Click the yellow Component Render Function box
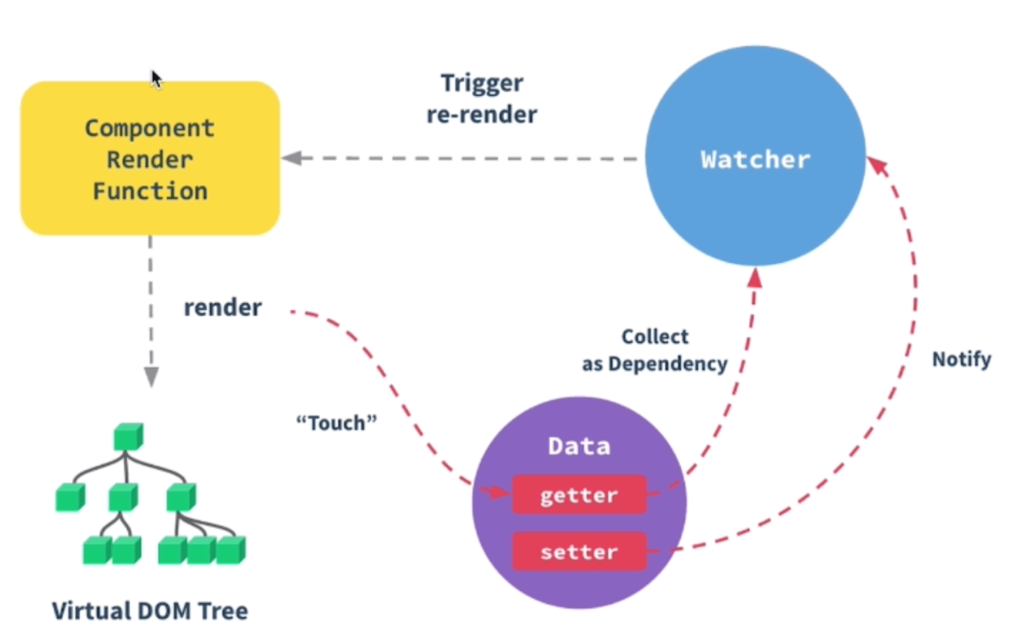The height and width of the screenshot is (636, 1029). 150,158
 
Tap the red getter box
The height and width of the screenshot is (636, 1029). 579,495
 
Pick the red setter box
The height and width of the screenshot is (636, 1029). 579,552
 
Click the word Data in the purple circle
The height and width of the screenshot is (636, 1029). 579,446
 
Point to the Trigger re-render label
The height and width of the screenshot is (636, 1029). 482,99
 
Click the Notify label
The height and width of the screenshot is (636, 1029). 962,359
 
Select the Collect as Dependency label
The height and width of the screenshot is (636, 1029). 654,350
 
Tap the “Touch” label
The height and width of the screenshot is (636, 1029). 337,423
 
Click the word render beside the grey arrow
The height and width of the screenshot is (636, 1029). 223,308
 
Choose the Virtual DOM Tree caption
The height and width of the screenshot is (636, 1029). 150,611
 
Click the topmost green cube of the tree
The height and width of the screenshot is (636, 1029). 128,437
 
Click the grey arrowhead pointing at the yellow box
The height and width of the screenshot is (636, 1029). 292,158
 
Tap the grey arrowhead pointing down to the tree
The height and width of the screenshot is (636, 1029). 151,377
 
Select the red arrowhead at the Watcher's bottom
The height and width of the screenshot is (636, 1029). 755,278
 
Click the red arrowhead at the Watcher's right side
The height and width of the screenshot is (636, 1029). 878,167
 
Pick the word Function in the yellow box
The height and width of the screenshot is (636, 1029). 150,191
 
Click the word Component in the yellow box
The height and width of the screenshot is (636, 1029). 150,128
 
